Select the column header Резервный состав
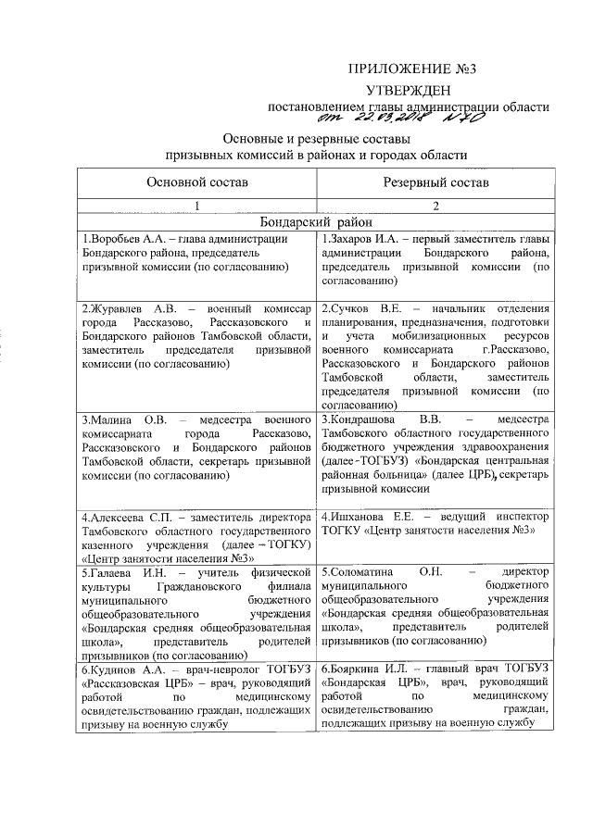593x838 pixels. coord(436,183)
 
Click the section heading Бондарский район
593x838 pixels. coord(316,222)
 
